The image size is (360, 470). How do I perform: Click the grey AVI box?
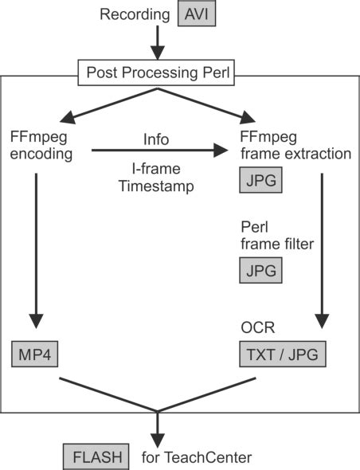(x=199, y=14)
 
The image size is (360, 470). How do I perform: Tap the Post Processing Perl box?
(x=155, y=74)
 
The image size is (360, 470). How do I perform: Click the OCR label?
(x=254, y=328)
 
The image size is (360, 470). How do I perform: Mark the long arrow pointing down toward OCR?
(x=321, y=247)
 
